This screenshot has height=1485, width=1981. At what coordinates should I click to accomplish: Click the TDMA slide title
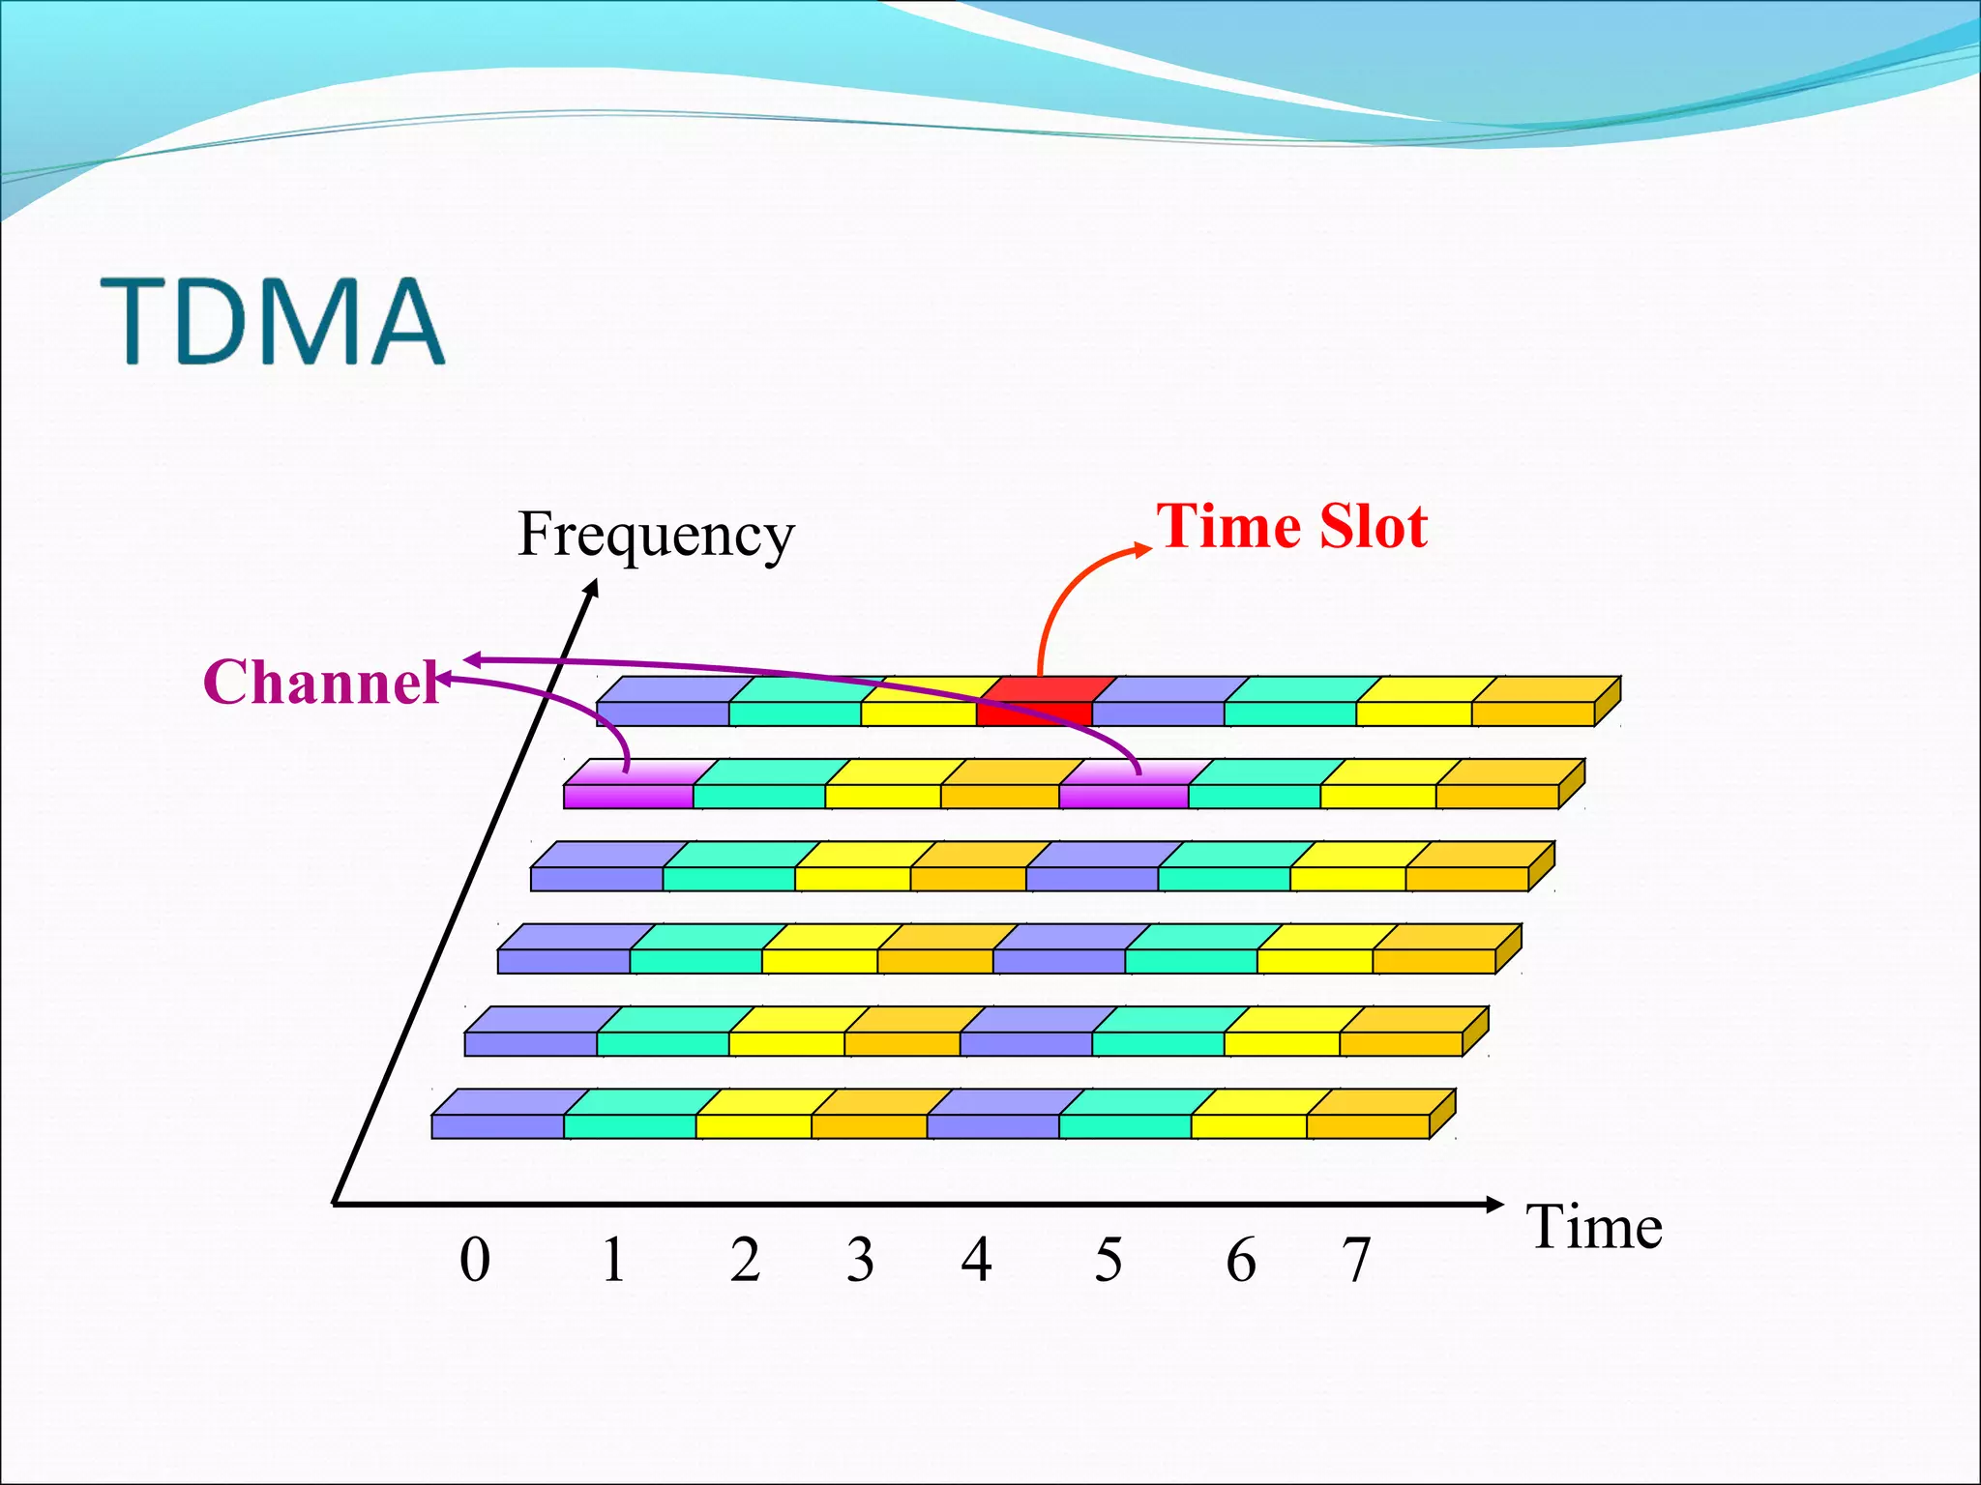point(273,321)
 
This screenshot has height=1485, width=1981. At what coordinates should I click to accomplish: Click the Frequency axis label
point(655,535)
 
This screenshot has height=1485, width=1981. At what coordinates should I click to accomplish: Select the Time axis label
point(1594,1228)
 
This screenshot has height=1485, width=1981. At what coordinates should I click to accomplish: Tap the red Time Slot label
point(1291,527)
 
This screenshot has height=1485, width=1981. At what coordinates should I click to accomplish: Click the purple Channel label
point(322,682)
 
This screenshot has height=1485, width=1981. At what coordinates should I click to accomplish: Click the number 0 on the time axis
point(474,1260)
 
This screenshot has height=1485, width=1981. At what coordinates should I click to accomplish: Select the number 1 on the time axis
point(613,1260)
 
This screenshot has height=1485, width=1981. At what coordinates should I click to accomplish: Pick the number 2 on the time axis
point(745,1260)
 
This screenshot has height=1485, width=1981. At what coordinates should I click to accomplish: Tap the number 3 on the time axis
point(860,1260)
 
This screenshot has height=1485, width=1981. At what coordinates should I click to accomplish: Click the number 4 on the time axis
point(976,1260)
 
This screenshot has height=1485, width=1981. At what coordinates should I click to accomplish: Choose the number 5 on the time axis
point(1109,1260)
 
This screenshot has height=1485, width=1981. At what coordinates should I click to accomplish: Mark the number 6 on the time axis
point(1241,1260)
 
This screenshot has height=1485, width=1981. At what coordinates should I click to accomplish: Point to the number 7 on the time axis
point(1356,1260)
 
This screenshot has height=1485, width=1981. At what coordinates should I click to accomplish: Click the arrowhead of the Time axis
point(1494,1204)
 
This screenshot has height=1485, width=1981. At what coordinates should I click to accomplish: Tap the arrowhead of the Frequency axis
point(593,587)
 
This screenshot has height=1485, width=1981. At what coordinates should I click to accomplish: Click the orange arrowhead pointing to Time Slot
point(1143,550)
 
